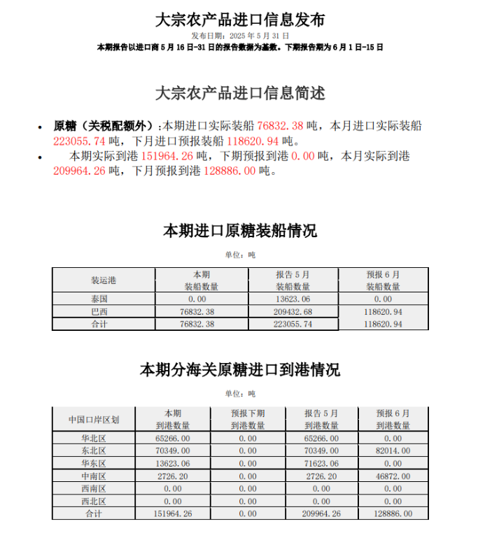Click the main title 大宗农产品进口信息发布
click(x=239, y=20)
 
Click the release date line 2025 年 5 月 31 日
click(x=239, y=36)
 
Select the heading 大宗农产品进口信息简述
click(x=239, y=93)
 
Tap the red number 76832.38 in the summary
click(x=281, y=126)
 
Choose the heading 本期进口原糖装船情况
click(x=239, y=231)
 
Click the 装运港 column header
click(x=104, y=280)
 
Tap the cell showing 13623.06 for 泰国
click(x=293, y=299)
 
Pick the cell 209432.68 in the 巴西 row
click(x=293, y=311)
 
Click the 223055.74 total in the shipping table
click(x=293, y=324)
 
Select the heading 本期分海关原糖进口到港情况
click(x=239, y=369)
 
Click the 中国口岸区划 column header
click(x=93, y=419)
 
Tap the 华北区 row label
click(x=93, y=439)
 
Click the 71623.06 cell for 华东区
click(x=321, y=464)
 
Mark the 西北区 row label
click(x=93, y=502)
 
